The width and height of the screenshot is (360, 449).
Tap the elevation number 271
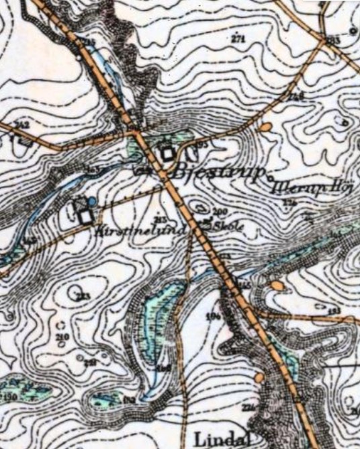[x=238, y=40]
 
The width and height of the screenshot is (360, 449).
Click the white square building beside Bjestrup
[x=167, y=154]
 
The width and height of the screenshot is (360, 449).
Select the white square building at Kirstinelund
[x=85, y=217]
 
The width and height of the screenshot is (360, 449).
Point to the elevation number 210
[x=64, y=337]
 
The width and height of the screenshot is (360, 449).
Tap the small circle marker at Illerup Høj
[x=270, y=179]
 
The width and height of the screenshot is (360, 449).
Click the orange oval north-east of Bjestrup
[x=265, y=126]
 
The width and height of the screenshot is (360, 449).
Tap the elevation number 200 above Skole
[x=219, y=212]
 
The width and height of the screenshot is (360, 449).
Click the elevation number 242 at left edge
[x=22, y=125]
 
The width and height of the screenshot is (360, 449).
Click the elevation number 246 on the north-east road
[x=296, y=97]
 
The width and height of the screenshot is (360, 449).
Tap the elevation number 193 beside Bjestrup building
[x=201, y=145]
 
